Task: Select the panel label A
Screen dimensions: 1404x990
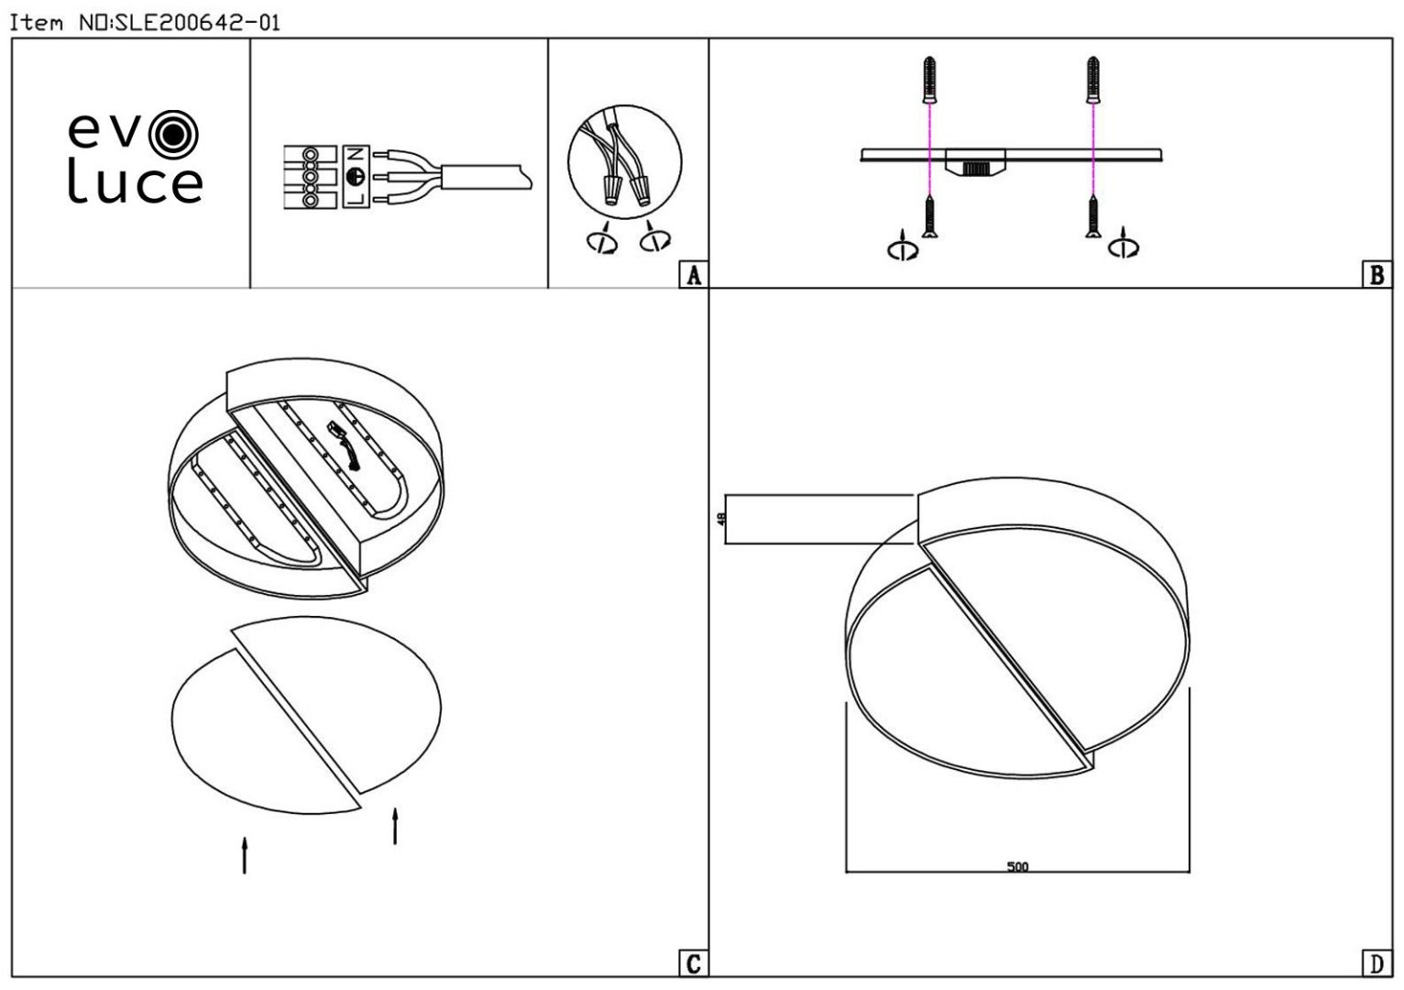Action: tap(693, 275)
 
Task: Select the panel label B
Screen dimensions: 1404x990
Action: tap(1377, 275)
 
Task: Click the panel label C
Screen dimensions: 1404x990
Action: tap(693, 963)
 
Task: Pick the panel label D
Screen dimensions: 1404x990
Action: tap(1377, 963)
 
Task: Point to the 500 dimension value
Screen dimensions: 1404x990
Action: tap(1017, 866)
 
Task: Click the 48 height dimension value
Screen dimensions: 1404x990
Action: tap(721, 519)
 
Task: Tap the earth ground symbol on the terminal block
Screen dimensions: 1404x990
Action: tap(355, 177)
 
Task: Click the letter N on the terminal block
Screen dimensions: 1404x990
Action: tap(356, 154)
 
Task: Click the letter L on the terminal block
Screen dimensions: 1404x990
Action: tap(356, 199)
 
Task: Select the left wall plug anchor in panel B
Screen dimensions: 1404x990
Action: tap(929, 80)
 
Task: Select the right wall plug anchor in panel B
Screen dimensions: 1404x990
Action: tap(1093, 80)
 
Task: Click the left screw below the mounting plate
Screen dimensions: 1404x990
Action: tap(929, 216)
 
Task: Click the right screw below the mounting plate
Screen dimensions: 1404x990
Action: tap(1093, 216)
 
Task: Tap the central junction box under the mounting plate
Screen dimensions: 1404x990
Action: tap(975, 161)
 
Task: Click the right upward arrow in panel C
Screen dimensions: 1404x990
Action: tap(395, 826)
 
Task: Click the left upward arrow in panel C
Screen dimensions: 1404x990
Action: tap(245, 855)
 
